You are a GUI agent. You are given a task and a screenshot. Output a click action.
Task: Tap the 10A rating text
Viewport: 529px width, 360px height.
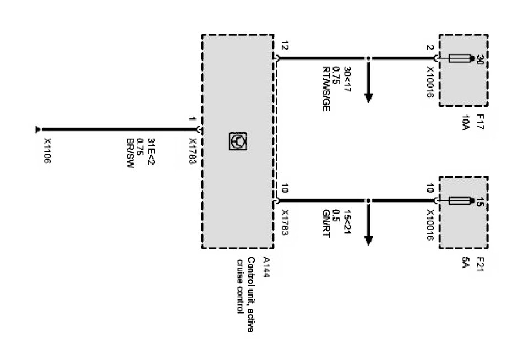[466, 122]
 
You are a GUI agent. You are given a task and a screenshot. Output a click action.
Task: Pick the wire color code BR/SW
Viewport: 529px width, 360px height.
[131, 156]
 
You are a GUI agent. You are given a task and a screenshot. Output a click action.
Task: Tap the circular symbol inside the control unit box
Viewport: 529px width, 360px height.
[238, 142]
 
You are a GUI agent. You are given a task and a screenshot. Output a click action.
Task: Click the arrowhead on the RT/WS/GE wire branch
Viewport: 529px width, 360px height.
[369, 97]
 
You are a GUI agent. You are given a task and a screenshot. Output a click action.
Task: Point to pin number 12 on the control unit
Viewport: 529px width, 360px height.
[284, 47]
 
